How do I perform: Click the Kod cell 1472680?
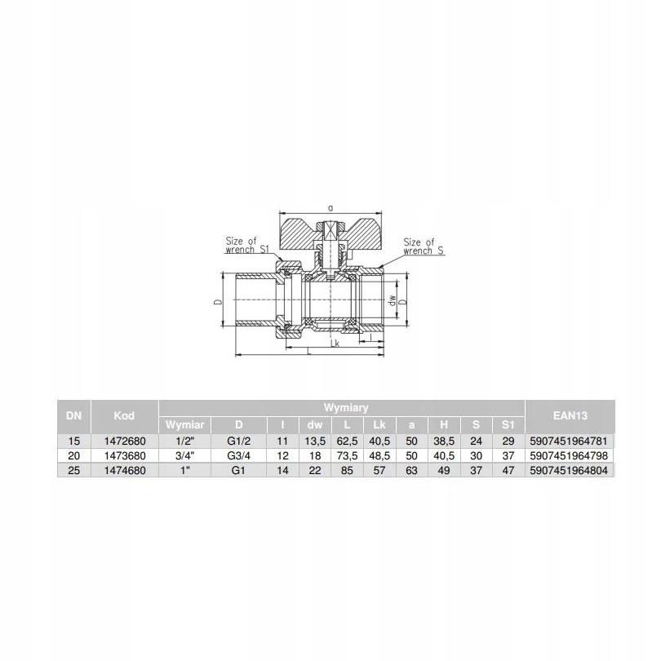pos(124,441)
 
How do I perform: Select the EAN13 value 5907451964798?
pos(569,455)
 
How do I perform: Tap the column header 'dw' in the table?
pos(314,424)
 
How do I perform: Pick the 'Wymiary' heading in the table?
pos(346,408)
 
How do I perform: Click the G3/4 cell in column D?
pos(238,455)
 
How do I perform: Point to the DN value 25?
pos(73,470)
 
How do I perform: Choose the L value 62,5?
pos(347,441)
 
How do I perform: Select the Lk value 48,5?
pos(379,455)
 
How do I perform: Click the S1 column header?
pos(508,424)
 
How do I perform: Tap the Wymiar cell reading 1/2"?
pos(184,441)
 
